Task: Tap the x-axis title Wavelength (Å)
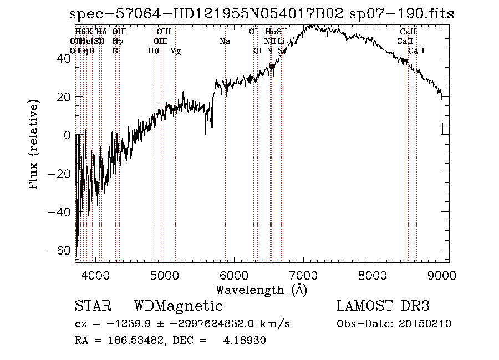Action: point(261,290)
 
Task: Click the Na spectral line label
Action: point(225,42)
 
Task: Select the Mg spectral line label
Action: point(175,51)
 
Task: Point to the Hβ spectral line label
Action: point(154,51)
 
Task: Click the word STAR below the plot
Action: point(93,306)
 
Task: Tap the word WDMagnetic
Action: point(179,306)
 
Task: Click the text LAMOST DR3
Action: point(383,306)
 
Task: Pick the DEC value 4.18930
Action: point(245,341)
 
